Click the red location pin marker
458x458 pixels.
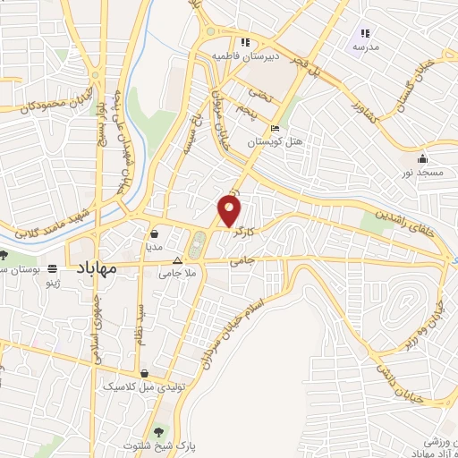tap(231, 211)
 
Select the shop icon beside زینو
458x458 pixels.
tap(53, 267)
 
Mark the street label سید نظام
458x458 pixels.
tap(140, 323)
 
